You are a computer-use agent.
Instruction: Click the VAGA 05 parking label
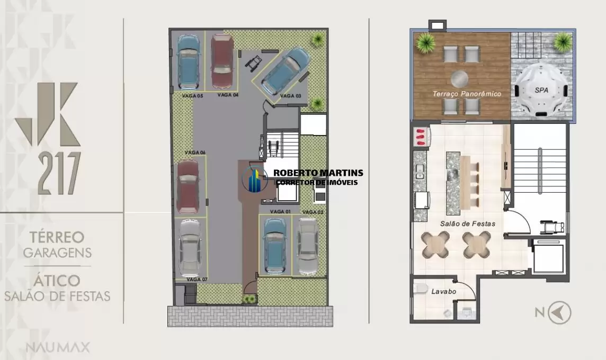(192, 96)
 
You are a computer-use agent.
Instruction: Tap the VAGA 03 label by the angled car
(291, 96)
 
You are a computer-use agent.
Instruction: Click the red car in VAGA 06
(188, 187)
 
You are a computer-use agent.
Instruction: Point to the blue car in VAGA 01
(274, 246)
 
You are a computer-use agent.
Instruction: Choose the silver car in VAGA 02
(308, 246)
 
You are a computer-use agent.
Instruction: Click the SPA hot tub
(541, 91)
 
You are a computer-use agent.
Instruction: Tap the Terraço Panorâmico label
(467, 94)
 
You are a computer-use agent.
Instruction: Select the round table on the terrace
(459, 79)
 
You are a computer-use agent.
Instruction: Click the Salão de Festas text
(468, 223)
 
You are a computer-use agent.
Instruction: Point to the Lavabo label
(444, 292)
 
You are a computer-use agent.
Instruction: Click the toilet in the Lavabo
(420, 289)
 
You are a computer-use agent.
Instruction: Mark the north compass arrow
(559, 312)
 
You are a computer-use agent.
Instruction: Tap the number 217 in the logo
(59, 173)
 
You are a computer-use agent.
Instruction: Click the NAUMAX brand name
(58, 347)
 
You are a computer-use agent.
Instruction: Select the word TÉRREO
(57, 237)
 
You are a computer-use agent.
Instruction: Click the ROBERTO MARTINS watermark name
(318, 173)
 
